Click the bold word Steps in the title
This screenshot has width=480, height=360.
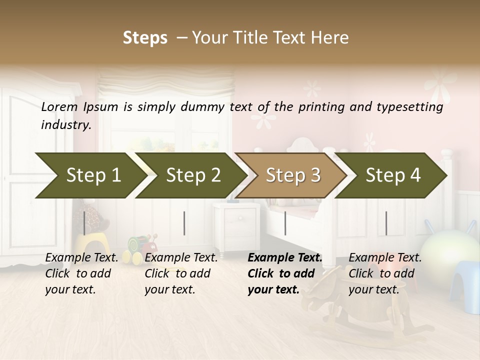click(145, 38)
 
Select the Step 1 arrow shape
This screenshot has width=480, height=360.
click(90, 175)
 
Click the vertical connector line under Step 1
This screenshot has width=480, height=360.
click(84, 223)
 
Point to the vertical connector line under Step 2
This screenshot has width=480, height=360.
click(184, 223)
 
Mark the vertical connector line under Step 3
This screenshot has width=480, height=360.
click(285, 223)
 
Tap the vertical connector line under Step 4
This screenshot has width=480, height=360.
click(386, 223)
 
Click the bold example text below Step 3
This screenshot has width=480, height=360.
click(285, 273)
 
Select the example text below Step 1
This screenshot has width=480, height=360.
click(81, 273)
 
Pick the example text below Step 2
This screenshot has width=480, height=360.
click(181, 273)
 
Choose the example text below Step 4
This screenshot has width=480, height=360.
click(385, 273)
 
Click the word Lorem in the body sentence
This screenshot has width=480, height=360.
click(59, 106)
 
